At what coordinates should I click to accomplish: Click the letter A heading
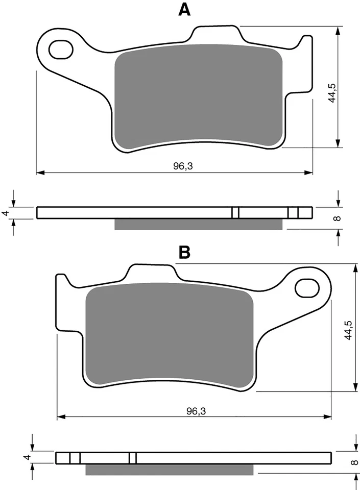pyautogui.click(x=184, y=9)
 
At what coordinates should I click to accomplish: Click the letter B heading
pyautogui.click(x=184, y=252)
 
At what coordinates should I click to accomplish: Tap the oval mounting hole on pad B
pyautogui.click(x=307, y=287)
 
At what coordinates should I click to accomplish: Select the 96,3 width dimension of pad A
pyautogui.click(x=175, y=166)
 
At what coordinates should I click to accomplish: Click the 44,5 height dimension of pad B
pyautogui.click(x=348, y=331)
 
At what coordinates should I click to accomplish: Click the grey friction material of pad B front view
pyautogui.click(x=169, y=334)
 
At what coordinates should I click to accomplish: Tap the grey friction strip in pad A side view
pyautogui.click(x=198, y=225)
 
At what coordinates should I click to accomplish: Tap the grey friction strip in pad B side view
pyautogui.click(x=169, y=469)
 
